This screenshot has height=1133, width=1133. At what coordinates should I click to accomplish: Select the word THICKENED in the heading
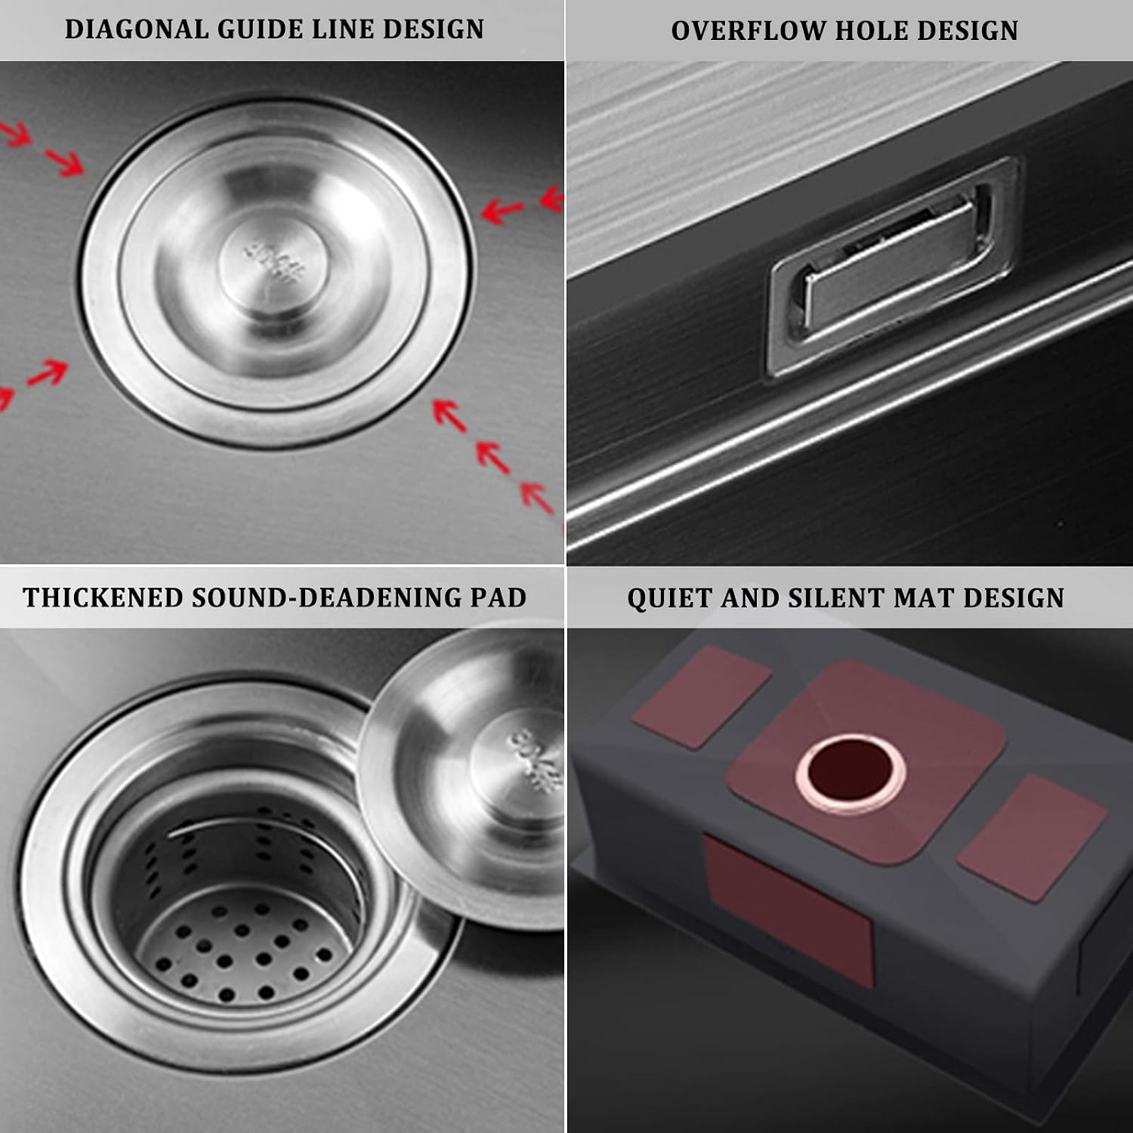[x=103, y=597]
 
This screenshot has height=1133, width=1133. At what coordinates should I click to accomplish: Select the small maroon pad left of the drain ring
[x=702, y=696]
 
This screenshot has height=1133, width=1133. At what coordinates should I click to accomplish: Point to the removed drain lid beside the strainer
[x=462, y=778]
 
